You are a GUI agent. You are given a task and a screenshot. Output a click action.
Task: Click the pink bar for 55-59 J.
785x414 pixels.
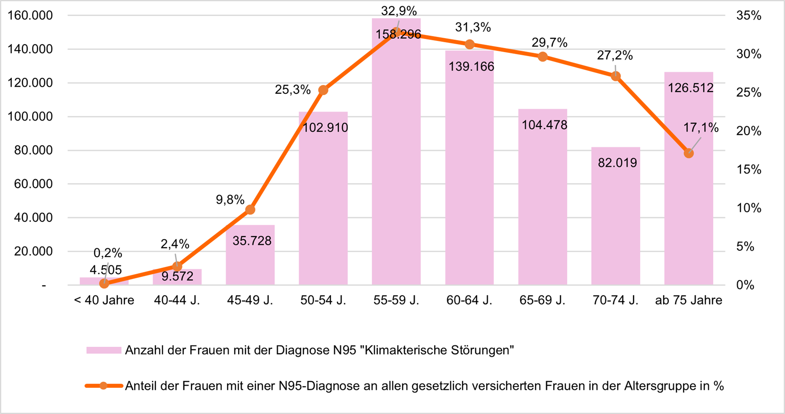(x=396, y=161)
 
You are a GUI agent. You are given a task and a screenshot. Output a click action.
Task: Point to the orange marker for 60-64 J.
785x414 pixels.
(x=470, y=45)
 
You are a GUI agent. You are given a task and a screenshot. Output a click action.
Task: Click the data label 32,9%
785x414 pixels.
(x=398, y=11)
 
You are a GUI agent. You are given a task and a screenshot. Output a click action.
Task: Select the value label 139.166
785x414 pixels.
(x=472, y=67)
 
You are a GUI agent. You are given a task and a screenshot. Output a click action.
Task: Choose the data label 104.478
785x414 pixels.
(x=545, y=125)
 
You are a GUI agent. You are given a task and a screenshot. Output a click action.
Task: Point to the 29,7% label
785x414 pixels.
(x=550, y=43)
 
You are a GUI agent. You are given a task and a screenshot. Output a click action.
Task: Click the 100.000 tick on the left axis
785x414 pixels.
(x=30, y=116)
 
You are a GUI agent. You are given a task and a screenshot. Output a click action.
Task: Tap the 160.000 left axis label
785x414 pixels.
(x=30, y=16)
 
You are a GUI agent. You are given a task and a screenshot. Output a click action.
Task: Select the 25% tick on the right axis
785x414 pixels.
(x=749, y=92)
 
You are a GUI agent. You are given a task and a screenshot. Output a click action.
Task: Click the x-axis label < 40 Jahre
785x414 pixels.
(x=104, y=300)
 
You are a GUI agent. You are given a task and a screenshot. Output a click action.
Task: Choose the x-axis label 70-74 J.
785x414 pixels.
(x=615, y=300)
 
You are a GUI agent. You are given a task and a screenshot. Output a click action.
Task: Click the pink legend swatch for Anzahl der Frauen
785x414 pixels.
(x=103, y=351)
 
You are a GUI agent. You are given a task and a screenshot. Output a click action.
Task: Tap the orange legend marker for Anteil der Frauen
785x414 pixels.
(x=104, y=386)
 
